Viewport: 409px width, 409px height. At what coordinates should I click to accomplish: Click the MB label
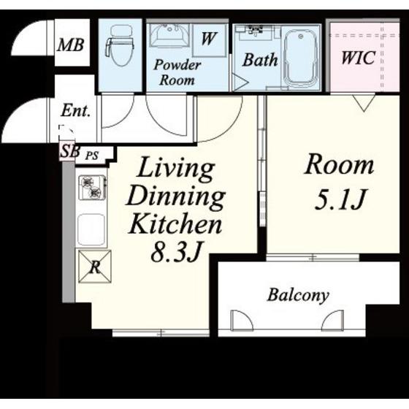pos(71,45)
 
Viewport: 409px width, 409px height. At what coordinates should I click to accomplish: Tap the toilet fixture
pos(120,45)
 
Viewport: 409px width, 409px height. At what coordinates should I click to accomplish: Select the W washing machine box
pos(209,39)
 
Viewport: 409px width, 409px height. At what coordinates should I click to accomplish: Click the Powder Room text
pos(177,72)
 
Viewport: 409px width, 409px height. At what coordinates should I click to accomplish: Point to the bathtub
pos(302,59)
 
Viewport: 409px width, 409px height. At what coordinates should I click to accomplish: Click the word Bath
pos(260,60)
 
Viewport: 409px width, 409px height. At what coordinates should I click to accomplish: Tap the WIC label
pos(359,58)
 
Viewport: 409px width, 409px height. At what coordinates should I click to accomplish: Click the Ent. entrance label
pos(76,111)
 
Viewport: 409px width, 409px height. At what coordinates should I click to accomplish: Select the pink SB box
pos(66,151)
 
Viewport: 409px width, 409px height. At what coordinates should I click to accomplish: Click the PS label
pos(92,156)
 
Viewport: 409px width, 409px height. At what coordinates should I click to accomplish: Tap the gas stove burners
pos(91,188)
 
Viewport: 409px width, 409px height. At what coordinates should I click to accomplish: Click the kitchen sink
pos(91,229)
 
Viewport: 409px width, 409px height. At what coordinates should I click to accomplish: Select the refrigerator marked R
pos(95,267)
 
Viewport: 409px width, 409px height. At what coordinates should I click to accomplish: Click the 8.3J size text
pos(177,252)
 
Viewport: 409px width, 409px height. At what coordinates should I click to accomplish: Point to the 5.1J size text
pos(340,199)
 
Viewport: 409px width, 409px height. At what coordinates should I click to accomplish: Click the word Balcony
pos(298,295)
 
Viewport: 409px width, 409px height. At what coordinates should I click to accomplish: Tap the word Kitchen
pos(175,223)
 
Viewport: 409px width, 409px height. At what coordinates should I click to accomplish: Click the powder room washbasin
pos(169,36)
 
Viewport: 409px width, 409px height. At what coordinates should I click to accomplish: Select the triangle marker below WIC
pos(364,103)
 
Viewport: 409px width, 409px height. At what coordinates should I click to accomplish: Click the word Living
pos(175,169)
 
